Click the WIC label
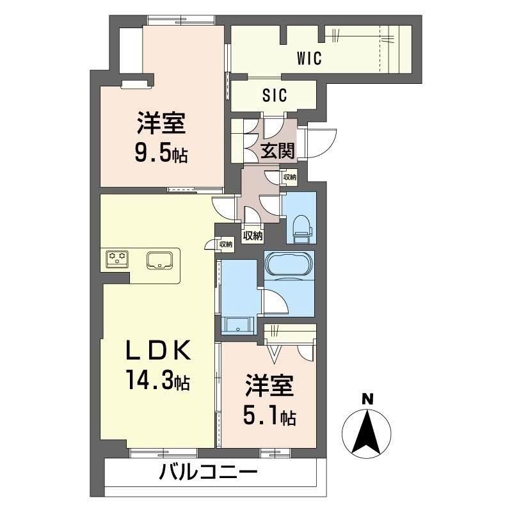(x=308, y=59)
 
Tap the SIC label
(x=275, y=95)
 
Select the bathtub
(x=289, y=264)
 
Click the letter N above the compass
(x=367, y=399)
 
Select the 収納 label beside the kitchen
(x=225, y=244)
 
